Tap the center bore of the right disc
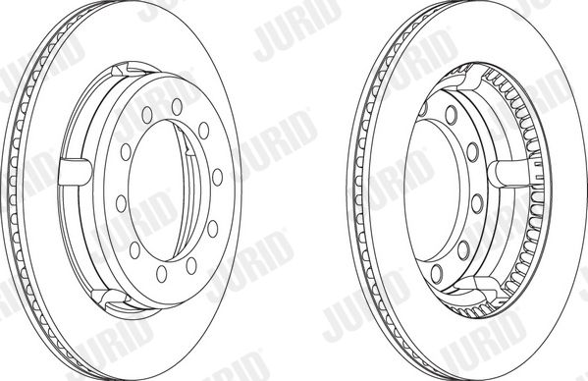(432, 190)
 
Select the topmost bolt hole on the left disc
(177, 107)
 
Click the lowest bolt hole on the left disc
(162, 274)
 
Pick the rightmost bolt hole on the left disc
(217, 177)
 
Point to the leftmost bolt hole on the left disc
(121, 203)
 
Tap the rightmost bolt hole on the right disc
(477, 204)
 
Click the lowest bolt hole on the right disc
(437, 273)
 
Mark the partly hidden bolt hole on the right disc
(423, 108)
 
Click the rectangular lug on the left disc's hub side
(75, 172)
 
